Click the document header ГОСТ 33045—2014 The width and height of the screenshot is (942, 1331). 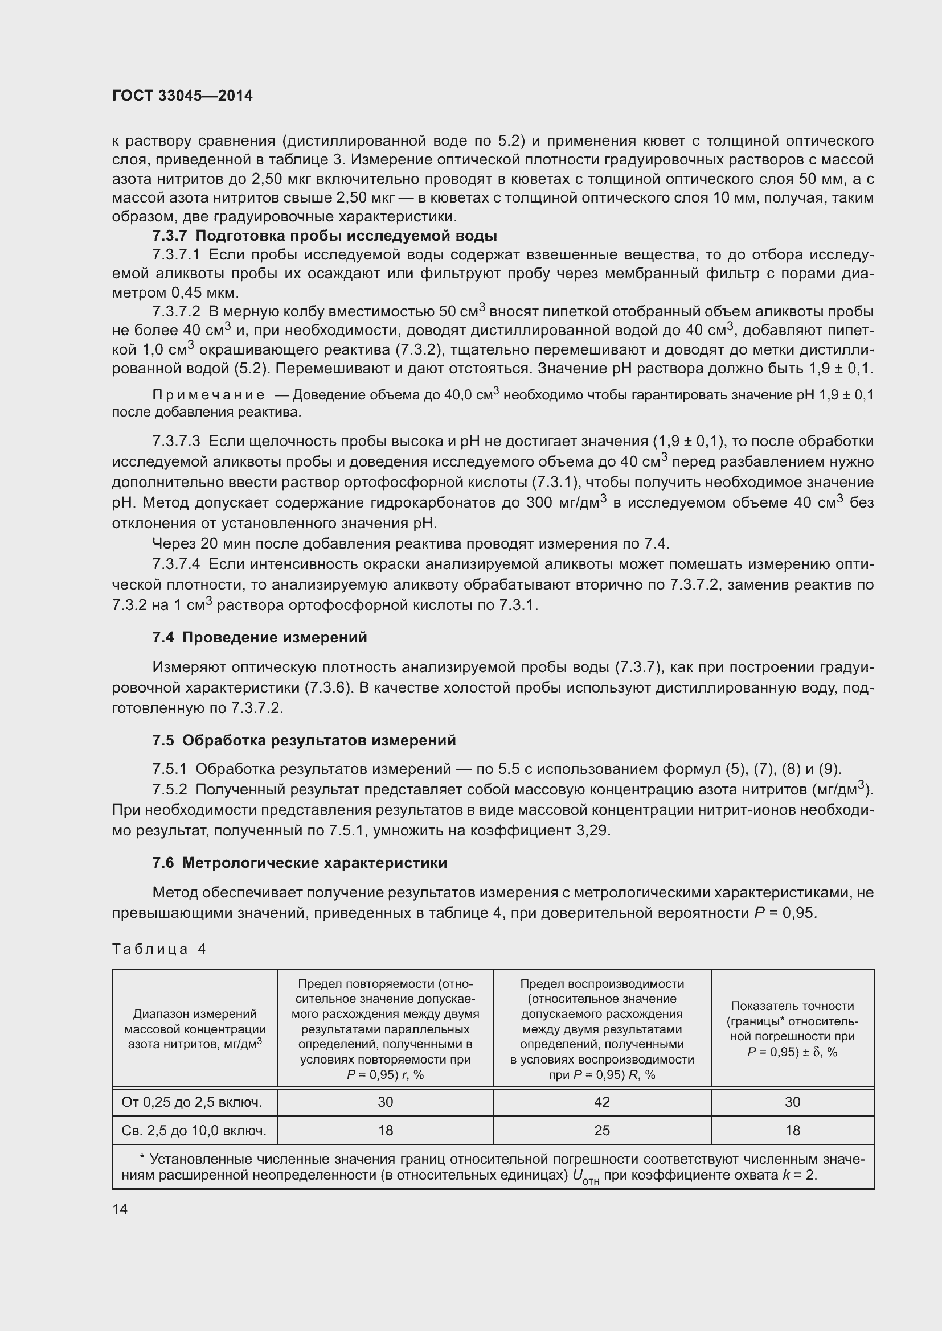[x=182, y=96]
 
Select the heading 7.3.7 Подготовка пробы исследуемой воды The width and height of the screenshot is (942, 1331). [x=324, y=236]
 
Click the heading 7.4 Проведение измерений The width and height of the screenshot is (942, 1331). [x=259, y=638]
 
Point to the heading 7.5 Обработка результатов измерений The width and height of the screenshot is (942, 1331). [x=304, y=740]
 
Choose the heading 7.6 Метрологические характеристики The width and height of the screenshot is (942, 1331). [x=300, y=863]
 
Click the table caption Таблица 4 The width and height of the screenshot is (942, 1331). [x=159, y=949]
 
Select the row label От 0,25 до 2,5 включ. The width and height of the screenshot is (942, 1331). [x=192, y=1102]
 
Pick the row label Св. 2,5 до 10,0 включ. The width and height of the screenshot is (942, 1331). [x=194, y=1131]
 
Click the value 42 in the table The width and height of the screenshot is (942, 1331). [x=601, y=1102]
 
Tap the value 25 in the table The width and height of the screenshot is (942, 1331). [x=601, y=1131]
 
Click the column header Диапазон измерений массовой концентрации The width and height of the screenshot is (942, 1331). [x=195, y=1029]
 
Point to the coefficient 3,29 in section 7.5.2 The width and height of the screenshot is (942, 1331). [x=593, y=831]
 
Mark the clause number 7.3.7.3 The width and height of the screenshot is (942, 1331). [x=177, y=442]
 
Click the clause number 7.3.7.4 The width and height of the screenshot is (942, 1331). [x=177, y=564]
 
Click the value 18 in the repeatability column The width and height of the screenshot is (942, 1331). [x=385, y=1131]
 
